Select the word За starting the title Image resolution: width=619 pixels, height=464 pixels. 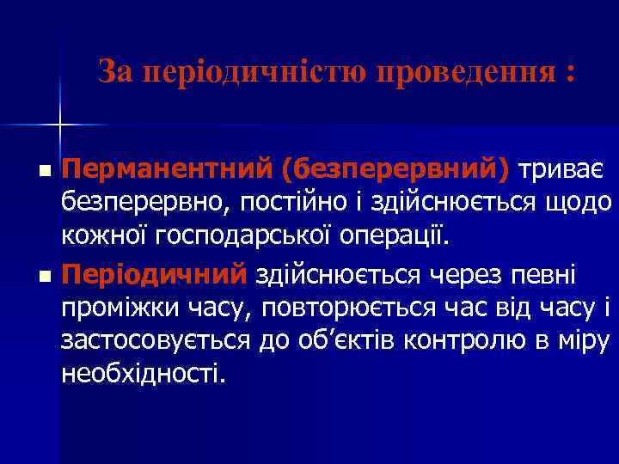click(117, 71)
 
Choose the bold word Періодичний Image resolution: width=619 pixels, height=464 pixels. click(154, 275)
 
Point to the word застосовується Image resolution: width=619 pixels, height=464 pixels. click(156, 340)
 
